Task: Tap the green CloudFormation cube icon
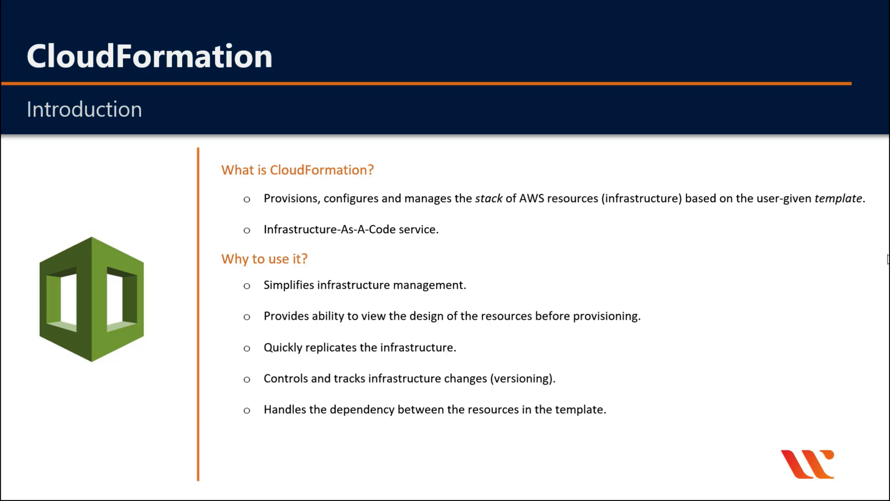pos(92,299)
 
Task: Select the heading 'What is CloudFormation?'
pos(297,170)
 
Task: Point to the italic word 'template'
pos(838,199)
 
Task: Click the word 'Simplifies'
pos(289,285)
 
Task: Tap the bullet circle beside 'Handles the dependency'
pos(247,410)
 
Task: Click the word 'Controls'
pos(286,378)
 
